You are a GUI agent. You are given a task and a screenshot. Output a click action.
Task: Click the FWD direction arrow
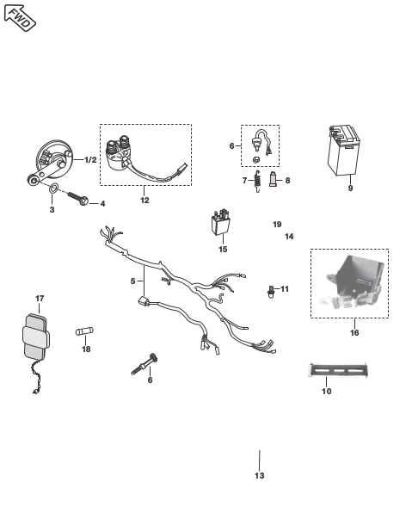tap(20, 18)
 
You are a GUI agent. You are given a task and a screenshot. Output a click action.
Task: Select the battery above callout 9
tap(343, 150)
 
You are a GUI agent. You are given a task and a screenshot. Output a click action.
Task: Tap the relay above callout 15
tap(221, 221)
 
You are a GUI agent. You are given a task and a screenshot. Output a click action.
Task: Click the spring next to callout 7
tap(257, 181)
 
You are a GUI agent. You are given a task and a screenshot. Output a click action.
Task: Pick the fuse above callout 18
tap(84, 331)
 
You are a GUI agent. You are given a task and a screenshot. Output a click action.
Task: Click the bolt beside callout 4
tap(78, 198)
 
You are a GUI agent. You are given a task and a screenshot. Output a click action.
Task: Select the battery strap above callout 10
tap(338, 370)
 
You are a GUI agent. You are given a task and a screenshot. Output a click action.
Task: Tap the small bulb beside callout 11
tap(271, 292)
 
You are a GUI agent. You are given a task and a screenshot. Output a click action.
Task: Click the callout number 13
tap(260, 476)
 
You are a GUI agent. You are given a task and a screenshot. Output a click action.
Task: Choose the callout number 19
tap(277, 225)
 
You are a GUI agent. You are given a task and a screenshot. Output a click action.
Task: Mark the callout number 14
tap(289, 237)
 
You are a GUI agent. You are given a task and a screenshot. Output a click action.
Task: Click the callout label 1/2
tap(90, 160)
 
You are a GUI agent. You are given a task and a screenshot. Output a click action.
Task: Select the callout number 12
tap(145, 201)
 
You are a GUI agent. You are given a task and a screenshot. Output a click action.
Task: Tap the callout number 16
tap(354, 332)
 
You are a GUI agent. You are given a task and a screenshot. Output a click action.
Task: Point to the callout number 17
tap(40, 299)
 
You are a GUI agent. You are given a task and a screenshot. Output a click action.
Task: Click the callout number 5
tap(133, 281)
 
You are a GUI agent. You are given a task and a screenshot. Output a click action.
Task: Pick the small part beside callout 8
tap(273, 179)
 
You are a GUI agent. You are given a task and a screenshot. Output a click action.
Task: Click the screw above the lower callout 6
tap(145, 364)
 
